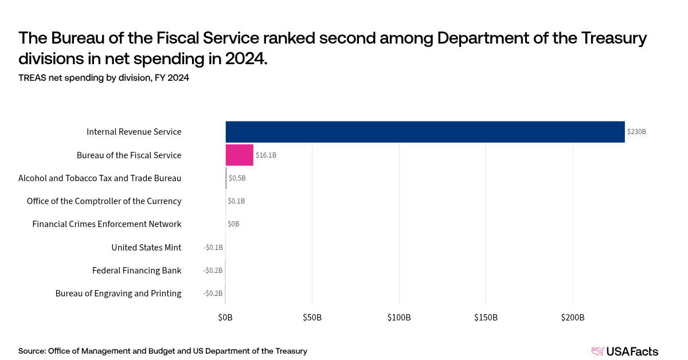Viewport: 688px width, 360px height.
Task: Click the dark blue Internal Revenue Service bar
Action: click(x=425, y=132)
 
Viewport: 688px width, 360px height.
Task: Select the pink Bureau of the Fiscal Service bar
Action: click(x=239, y=155)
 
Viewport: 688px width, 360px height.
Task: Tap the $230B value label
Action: click(x=636, y=132)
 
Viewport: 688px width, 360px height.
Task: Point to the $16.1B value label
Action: click(x=266, y=155)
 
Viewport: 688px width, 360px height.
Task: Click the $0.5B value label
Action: click(x=237, y=178)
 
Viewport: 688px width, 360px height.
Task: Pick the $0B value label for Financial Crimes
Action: click(x=233, y=224)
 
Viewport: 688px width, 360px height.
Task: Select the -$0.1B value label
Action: click(x=213, y=248)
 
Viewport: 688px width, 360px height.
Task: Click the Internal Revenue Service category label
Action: click(x=134, y=132)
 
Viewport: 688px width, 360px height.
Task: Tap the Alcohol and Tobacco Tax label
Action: click(x=100, y=178)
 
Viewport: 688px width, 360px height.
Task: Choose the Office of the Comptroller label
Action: click(x=104, y=201)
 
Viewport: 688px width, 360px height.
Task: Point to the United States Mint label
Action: click(x=146, y=248)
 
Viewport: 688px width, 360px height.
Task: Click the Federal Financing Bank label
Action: click(x=136, y=271)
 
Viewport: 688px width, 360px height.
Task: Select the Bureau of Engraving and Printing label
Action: click(x=118, y=294)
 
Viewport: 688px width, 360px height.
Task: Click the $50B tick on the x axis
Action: click(x=312, y=318)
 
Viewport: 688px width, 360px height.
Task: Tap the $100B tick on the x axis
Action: click(x=399, y=318)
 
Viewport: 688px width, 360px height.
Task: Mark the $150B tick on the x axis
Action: click(x=486, y=318)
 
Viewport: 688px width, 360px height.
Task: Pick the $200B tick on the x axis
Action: click(x=573, y=318)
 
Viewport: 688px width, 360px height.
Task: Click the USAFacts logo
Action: click(x=624, y=351)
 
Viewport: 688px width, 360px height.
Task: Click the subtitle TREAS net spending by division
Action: click(x=104, y=79)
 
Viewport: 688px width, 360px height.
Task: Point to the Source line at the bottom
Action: click(x=163, y=351)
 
